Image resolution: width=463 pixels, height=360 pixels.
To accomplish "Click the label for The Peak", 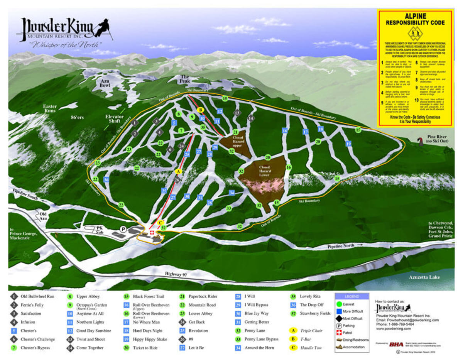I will coord(184,79).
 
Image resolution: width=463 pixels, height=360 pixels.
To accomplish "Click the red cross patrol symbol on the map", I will coord(152,233).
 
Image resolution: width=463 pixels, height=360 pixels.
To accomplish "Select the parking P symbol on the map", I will coord(123,229).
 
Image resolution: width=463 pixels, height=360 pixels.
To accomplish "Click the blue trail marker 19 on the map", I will coord(348,144).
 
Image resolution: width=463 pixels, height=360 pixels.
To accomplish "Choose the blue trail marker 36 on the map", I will coord(106,179).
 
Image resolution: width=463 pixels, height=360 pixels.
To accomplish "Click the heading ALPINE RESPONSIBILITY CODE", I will coord(415,19).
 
